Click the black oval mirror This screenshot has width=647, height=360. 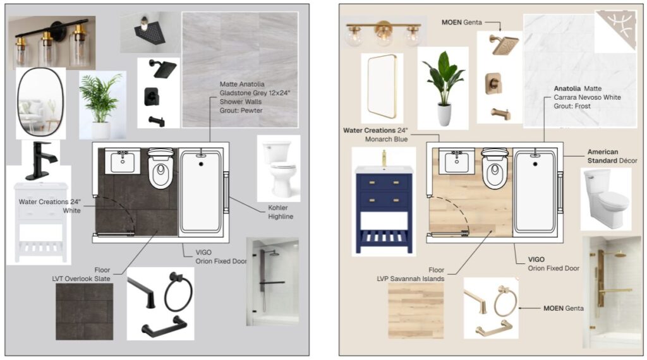tap(20, 103)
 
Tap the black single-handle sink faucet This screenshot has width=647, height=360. tap(41, 160)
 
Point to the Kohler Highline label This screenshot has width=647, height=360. tap(281, 212)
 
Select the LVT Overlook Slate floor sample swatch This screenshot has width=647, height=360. tap(84, 311)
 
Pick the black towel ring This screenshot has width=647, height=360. tap(178, 292)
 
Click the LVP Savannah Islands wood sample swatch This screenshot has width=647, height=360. tap(416, 311)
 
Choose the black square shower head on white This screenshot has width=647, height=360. tap(164, 68)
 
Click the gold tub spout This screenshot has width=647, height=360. tap(500, 114)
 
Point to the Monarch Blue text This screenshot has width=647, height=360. tap(386, 140)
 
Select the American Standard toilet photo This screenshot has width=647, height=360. tap(606, 199)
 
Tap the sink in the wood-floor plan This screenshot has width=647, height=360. tap(456, 161)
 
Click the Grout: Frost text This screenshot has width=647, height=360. tap(572, 106)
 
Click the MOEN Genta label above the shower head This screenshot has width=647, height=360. tap(462, 22)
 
